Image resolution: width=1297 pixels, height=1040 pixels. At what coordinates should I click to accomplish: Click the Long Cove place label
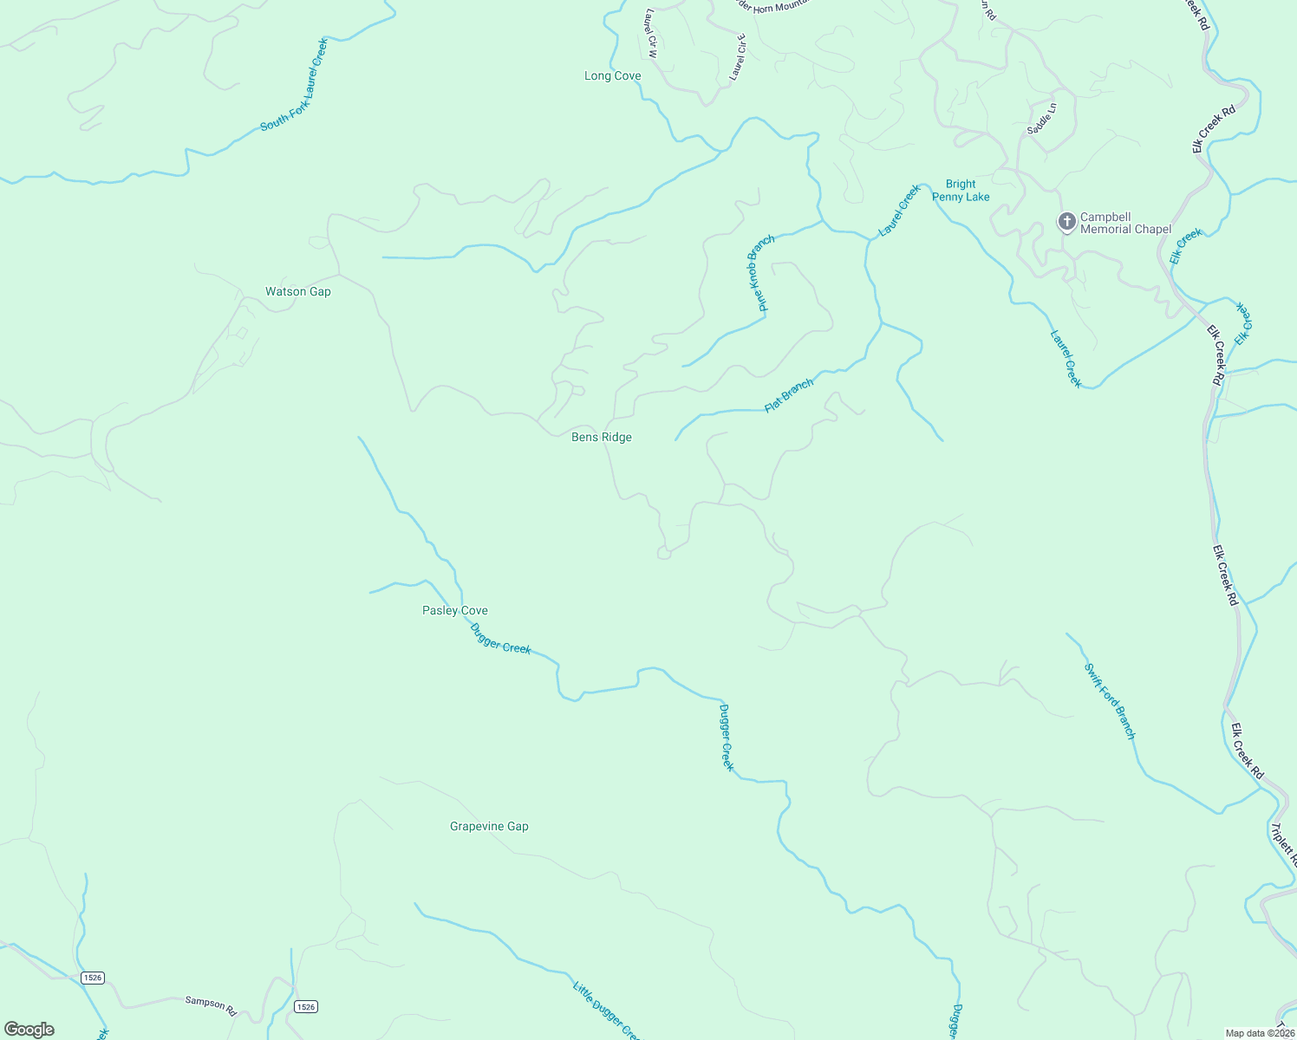coord(612,76)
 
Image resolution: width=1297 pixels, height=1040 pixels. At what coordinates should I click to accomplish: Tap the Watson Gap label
coord(297,292)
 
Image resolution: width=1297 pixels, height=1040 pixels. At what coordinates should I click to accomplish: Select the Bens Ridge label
coord(601,438)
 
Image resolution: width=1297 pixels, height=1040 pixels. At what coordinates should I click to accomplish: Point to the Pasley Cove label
coord(454,611)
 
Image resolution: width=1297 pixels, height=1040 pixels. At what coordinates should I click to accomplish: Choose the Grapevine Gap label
coord(489,827)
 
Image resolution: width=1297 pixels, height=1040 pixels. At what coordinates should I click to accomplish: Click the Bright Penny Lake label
coord(961,191)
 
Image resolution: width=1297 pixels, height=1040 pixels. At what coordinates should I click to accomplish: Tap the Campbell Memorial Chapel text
coord(1125,224)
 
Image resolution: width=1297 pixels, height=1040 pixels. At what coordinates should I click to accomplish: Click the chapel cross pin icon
coord(1066,222)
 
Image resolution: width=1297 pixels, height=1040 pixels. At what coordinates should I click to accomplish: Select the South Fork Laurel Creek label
coord(295,85)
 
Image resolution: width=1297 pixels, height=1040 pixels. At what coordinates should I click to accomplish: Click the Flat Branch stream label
coord(789,395)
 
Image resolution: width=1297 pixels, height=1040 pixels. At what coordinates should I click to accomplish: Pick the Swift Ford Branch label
coord(1110,701)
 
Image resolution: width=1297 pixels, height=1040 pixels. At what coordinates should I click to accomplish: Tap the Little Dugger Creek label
coord(606,1011)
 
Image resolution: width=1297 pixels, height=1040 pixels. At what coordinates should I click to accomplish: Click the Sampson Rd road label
coord(211,1005)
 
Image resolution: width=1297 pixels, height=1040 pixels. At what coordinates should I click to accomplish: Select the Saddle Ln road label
coord(1042,119)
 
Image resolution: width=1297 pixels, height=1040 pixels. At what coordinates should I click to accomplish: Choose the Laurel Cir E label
coord(738,57)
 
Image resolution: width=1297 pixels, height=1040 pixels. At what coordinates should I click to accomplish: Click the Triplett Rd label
coord(1283,845)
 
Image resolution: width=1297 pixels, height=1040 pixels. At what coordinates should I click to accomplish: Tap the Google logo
coord(29,1030)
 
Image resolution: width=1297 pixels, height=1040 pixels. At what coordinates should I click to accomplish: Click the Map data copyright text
coord(1259,1033)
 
